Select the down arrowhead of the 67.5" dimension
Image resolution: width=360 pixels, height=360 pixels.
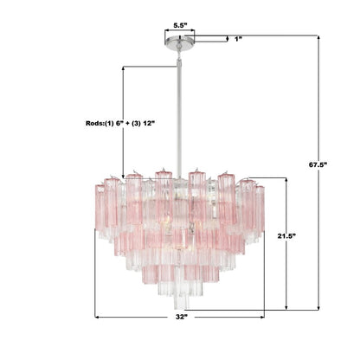(x=324, y=306)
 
